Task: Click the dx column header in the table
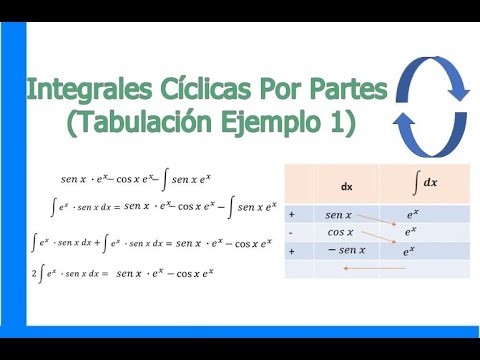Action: tap(347, 185)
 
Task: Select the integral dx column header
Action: tap(425, 183)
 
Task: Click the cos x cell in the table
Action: tap(340, 232)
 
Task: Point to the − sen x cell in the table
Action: tap(344, 250)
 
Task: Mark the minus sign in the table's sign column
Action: tap(291, 232)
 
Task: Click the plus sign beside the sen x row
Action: tap(291, 214)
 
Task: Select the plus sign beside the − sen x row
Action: tap(291, 250)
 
